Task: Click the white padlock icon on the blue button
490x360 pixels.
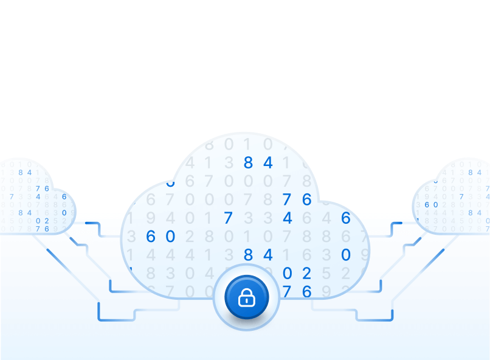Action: click(246, 297)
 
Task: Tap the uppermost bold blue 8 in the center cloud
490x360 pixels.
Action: click(248, 162)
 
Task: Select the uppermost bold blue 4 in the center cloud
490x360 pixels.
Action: click(267, 162)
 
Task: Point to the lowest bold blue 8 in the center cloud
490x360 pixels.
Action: click(248, 254)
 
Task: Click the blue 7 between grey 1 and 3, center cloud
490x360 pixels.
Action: click(228, 218)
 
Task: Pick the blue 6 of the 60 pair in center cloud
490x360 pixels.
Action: click(151, 236)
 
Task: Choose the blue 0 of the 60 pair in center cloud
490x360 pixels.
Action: click(170, 236)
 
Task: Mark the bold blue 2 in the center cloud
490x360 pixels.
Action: click(306, 273)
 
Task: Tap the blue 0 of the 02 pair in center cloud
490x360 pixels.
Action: click(287, 273)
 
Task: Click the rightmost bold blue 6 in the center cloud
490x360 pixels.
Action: click(345, 218)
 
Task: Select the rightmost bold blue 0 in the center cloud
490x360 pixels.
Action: click(345, 254)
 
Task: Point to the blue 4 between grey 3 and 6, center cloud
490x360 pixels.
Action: click(287, 218)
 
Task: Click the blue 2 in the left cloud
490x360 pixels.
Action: click(46, 221)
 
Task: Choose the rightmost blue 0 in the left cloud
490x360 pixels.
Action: click(64, 213)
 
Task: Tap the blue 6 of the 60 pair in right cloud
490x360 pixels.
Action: click(427, 204)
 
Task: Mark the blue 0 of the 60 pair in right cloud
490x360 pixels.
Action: click(435, 204)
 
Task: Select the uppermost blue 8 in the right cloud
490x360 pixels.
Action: click(471, 173)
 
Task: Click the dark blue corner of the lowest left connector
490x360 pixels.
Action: click(99, 318)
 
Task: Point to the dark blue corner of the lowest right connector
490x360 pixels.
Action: click(392, 318)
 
